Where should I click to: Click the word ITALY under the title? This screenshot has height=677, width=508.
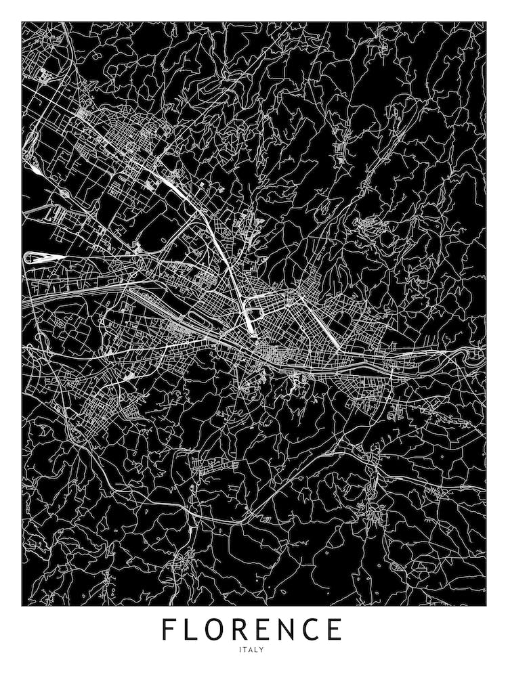pyautogui.click(x=254, y=651)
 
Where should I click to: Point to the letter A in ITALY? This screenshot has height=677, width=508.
pyautogui.click(x=253, y=651)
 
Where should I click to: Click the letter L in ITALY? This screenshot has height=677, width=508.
pyautogui.click(x=260, y=651)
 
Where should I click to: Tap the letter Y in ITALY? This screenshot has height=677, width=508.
pyautogui.click(x=266, y=651)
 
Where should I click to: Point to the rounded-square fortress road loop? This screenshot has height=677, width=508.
pyautogui.click(x=255, y=314)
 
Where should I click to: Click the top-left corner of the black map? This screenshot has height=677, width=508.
pyautogui.click(x=22, y=22)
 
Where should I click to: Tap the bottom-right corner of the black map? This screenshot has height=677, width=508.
pyautogui.click(x=486, y=605)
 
